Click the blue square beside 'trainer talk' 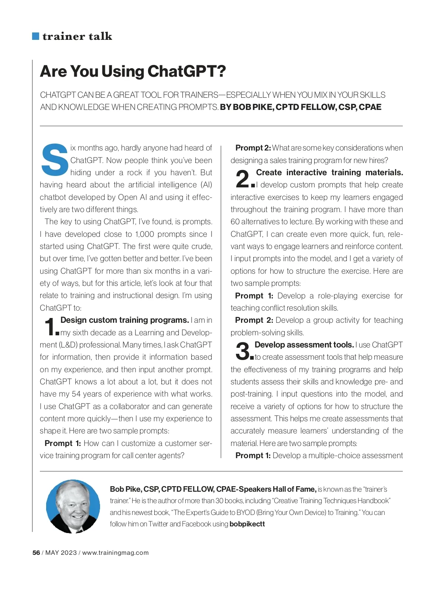click(36, 36)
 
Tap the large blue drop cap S click(55, 159)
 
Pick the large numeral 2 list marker click(243, 179)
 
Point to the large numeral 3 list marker click(243, 351)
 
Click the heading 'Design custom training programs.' click(125, 320)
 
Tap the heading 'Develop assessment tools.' click(304, 345)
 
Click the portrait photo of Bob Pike click(73, 506)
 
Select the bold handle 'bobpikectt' click(247, 524)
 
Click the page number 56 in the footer click(36, 553)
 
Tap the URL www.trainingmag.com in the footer click(115, 553)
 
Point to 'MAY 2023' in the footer click(61, 553)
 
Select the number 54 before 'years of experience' click(76, 394)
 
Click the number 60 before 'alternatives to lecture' click(235, 222)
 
